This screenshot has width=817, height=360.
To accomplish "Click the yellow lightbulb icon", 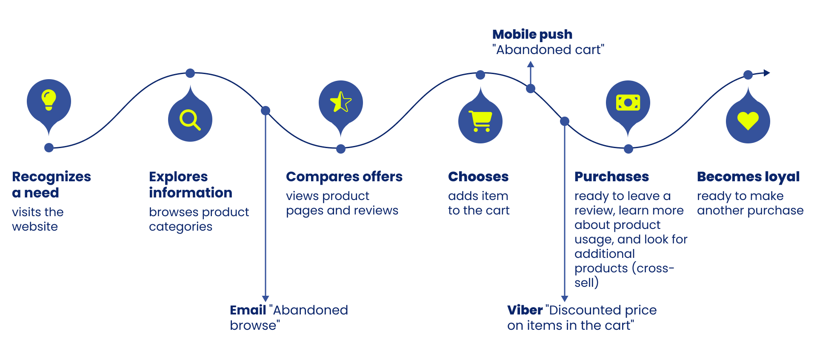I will point(49,100).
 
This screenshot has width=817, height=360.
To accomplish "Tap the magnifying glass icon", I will point(190,120).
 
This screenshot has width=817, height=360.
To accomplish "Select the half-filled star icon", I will point(341,102).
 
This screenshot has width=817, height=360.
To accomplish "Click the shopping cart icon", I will point(480,121).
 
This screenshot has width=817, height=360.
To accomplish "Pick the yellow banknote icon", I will point(628,103).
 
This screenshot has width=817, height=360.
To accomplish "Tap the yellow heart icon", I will point(748,121).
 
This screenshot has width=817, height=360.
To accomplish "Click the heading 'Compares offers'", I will point(344,177).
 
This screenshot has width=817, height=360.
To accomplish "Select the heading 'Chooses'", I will point(478,177).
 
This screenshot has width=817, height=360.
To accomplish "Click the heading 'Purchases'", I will point(611,177).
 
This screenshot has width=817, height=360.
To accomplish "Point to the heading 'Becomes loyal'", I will point(748,177).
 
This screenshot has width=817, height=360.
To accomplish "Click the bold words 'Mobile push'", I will point(532,34).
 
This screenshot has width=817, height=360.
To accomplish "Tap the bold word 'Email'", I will point(248,310).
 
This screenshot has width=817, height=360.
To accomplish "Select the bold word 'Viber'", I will point(525,310).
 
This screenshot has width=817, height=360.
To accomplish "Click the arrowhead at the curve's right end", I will point(767,73).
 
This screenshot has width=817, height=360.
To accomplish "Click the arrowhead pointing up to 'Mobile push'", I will point(531,65).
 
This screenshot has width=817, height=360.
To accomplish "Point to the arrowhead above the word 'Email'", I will point(266,299).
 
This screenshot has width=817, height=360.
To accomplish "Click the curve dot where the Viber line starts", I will point(565,121).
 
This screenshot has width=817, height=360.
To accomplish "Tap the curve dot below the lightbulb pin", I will point(49,148).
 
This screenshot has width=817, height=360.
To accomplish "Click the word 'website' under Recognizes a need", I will point(35,227).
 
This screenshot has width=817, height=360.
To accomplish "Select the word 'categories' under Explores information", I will point(180,227).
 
